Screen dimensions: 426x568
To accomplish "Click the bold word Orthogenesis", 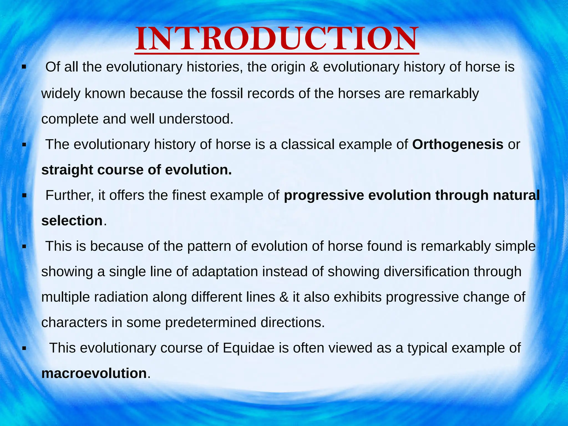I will (458, 144).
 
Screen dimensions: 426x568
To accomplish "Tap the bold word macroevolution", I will (94, 373).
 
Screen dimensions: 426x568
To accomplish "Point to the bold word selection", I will (72, 221).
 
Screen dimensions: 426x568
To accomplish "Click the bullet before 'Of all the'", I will (24, 67).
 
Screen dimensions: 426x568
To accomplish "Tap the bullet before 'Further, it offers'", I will (24, 196).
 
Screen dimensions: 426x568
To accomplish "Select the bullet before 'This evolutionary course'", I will (24, 348).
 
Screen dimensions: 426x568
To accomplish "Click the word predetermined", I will (211, 323).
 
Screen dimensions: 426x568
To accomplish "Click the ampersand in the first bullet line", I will (314, 67).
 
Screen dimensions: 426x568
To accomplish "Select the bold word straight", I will (67, 170).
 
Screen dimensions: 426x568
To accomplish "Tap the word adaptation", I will (225, 272).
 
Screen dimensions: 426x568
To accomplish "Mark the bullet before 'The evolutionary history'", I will (24, 145).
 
